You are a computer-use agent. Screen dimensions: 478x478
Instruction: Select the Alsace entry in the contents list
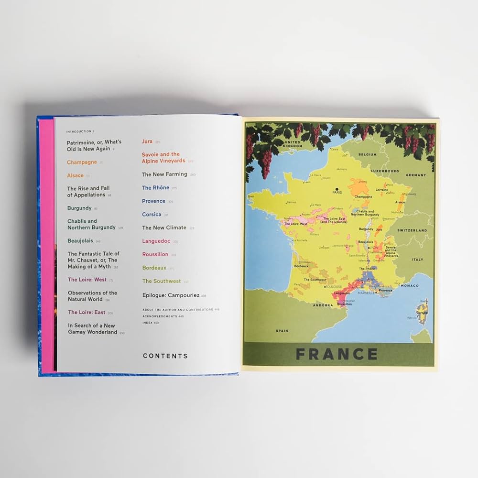[x=75, y=175]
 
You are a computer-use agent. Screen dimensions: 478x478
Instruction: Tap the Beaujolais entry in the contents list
[x=80, y=241]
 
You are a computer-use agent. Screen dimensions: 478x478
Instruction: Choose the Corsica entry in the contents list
[x=152, y=215]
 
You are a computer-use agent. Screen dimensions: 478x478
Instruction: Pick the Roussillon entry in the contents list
[x=155, y=254]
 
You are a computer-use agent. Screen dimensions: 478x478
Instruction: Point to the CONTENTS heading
[x=165, y=356]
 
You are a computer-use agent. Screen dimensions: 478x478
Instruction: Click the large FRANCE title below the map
[x=337, y=354]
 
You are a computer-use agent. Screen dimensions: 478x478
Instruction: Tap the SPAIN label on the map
[x=282, y=331]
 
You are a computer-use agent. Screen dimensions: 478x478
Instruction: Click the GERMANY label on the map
[x=415, y=175]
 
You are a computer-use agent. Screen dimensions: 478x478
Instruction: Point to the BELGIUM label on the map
[x=368, y=155]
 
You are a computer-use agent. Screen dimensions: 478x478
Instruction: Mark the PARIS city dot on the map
[x=337, y=189]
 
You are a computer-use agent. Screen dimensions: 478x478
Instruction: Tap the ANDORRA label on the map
[x=323, y=304]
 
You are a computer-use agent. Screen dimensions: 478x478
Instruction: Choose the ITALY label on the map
[x=417, y=260]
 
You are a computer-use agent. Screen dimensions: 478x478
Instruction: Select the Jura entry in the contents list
[x=147, y=141]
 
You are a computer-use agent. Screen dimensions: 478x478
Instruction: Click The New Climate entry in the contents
[x=164, y=228]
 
